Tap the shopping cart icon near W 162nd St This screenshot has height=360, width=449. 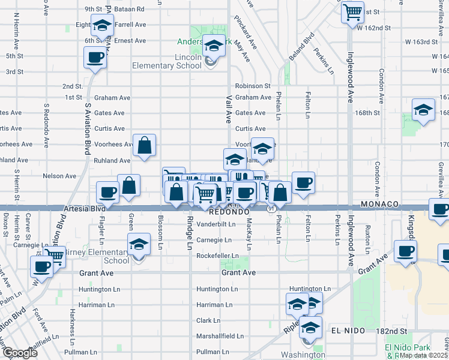point(352,11)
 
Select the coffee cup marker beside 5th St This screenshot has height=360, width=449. point(95,58)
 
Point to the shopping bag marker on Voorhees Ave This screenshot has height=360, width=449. point(145,145)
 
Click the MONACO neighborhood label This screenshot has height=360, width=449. point(379,205)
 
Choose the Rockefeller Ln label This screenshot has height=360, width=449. point(217,256)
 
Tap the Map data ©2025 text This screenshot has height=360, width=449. point(423,355)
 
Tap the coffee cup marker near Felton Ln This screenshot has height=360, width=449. point(303,182)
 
